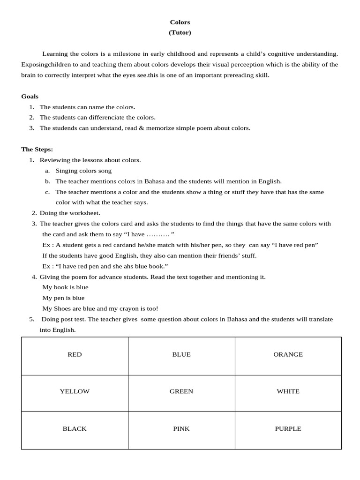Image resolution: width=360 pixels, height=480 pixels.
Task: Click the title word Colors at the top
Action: click(x=180, y=22)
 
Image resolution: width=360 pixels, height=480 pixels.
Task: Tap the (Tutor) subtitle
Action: click(x=180, y=32)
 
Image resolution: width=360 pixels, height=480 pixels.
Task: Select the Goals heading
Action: click(x=30, y=96)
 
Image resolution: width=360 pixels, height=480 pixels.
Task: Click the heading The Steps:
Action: click(x=37, y=149)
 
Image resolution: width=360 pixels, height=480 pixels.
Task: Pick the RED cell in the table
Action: click(x=75, y=354)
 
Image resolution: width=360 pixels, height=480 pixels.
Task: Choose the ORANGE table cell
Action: click(x=288, y=354)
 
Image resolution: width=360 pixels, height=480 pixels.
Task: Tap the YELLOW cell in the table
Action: click(x=75, y=391)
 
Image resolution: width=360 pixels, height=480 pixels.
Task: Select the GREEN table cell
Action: click(x=181, y=391)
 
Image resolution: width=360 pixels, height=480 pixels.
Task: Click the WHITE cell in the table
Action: click(x=288, y=391)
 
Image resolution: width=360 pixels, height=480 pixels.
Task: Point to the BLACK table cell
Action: click(x=75, y=428)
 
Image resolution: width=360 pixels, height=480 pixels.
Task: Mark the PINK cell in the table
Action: click(x=181, y=428)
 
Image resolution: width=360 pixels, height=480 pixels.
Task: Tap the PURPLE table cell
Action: click(x=288, y=428)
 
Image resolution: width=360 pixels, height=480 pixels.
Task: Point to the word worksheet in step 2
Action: click(x=85, y=213)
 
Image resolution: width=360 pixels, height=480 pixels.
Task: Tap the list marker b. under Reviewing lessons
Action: click(x=47, y=181)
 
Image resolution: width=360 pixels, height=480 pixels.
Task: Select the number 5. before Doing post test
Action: click(x=31, y=319)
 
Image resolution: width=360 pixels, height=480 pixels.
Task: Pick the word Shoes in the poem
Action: click(x=61, y=308)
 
